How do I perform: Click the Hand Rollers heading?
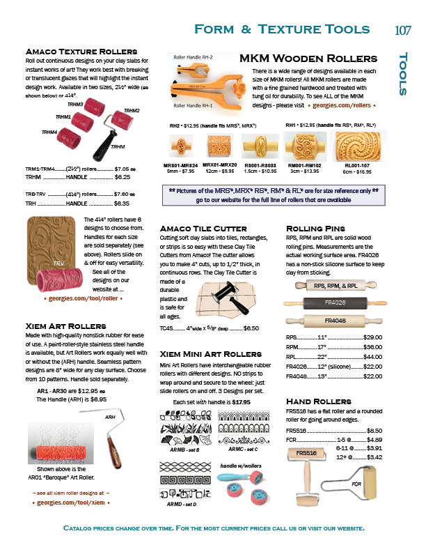point(319,401)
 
